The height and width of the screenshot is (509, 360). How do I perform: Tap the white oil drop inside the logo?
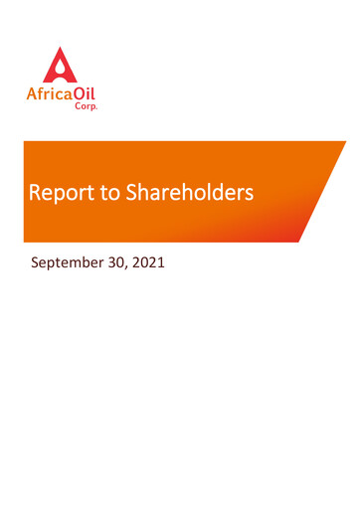[x=60, y=71]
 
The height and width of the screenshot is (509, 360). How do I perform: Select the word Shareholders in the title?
[x=189, y=193]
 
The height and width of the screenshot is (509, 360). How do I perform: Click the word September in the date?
[x=70, y=265]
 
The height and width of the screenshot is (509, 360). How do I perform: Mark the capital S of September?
[x=36, y=264]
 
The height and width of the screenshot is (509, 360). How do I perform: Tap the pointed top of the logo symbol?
[x=60, y=48]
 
